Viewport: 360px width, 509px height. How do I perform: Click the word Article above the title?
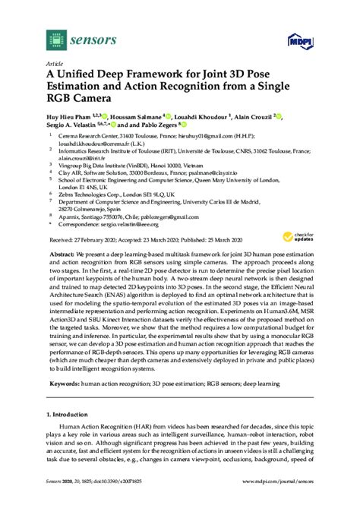(55, 65)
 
